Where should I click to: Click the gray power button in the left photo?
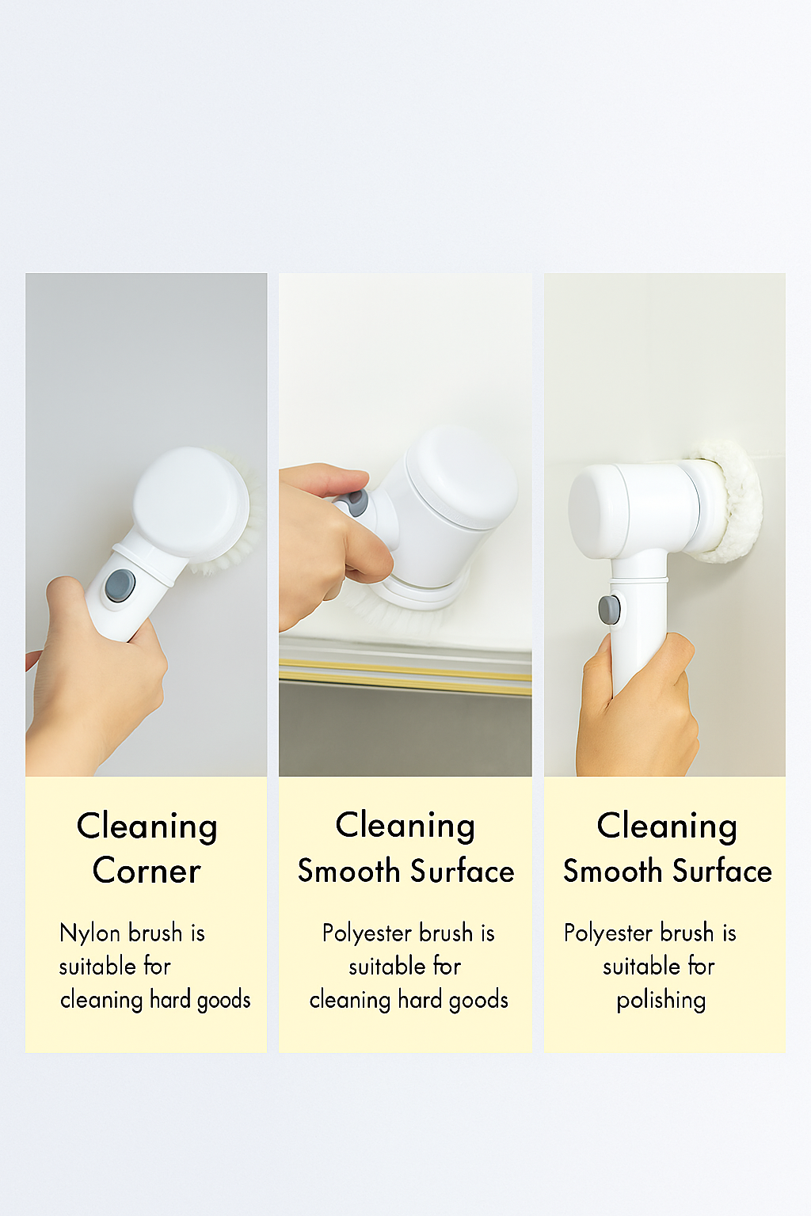coord(120,586)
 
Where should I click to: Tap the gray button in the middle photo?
coord(356,502)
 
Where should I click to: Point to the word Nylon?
coord(89,933)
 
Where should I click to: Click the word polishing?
coord(661,1000)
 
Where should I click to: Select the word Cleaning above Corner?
coord(147,827)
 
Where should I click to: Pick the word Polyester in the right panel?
coord(608,933)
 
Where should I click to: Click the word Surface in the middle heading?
coord(463,872)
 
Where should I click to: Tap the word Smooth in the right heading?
coord(613,872)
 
